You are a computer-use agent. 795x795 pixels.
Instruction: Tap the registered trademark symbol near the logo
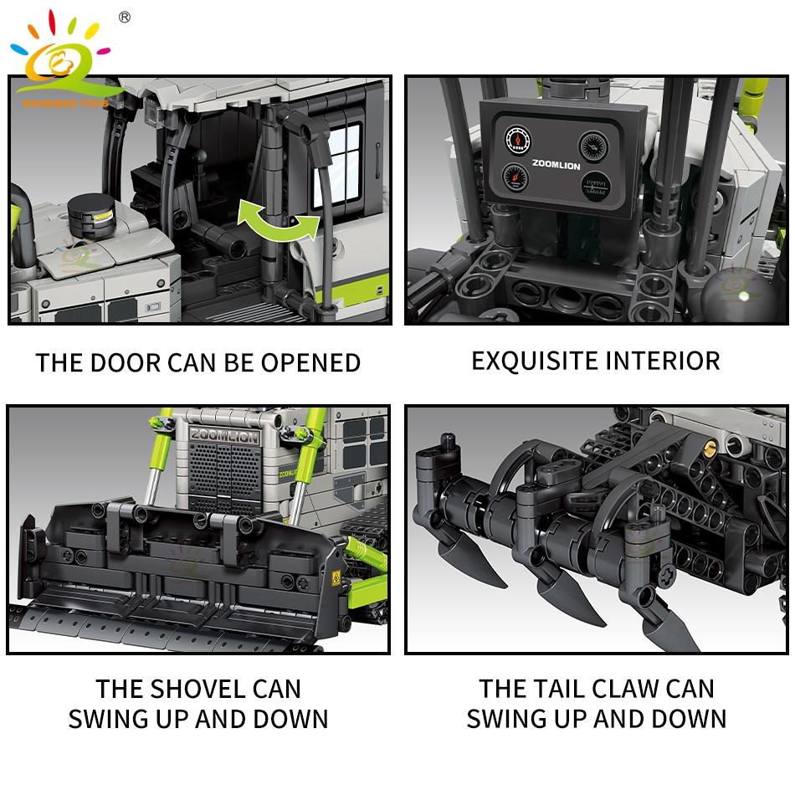coord(124,18)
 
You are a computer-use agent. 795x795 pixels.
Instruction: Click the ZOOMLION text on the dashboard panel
coord(556,164)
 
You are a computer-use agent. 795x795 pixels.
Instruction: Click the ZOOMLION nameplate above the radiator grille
coord(224,435)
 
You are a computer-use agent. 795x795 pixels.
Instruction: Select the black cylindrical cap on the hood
coord(91,215)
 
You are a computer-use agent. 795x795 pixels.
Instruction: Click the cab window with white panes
coord(338,166)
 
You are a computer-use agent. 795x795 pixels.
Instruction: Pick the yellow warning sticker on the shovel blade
coord(336,577)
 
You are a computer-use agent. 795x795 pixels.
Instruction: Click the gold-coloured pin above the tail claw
coord(710,447)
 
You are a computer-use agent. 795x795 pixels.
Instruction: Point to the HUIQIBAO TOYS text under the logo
coord(65,103)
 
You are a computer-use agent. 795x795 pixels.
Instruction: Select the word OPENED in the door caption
coord(310,363)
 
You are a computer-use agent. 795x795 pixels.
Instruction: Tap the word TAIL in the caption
coord(557,689)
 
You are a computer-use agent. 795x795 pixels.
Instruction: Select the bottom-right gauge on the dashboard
coord(596,186)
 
